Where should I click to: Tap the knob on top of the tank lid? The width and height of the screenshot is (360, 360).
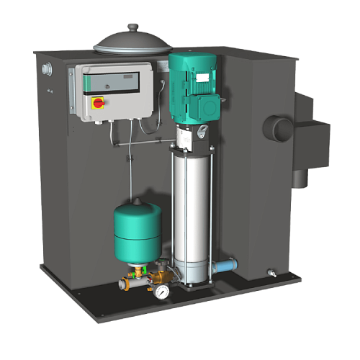coord(131,29)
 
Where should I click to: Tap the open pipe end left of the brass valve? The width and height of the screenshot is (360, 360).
coord(123,284)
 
